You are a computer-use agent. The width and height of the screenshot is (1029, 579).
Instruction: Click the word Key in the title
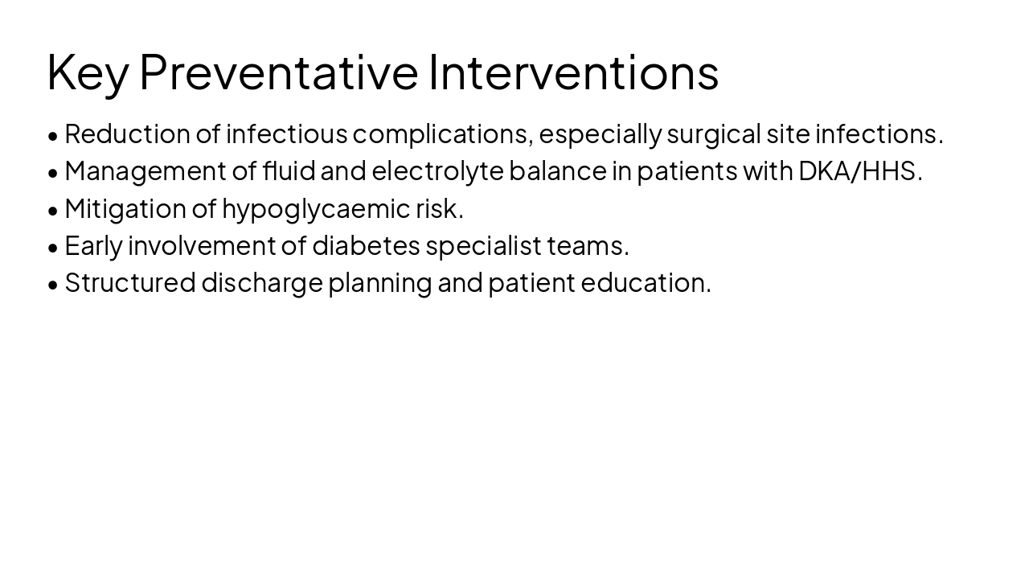88,72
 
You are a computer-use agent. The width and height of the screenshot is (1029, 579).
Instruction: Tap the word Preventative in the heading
279,72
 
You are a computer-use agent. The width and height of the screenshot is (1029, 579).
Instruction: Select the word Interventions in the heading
573,72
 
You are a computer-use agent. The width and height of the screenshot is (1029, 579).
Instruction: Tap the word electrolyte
437,170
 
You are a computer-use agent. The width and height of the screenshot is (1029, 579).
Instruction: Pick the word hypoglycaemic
316,208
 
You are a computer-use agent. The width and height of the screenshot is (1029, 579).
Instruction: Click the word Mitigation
125,208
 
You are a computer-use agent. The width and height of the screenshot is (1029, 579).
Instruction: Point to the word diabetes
366,245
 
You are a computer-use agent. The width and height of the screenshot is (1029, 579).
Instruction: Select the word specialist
484,245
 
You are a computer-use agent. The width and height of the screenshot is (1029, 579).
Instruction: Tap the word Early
93,245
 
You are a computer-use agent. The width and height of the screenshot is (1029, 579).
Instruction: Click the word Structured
130,282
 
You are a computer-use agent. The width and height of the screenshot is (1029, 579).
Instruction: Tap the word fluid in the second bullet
289,170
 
